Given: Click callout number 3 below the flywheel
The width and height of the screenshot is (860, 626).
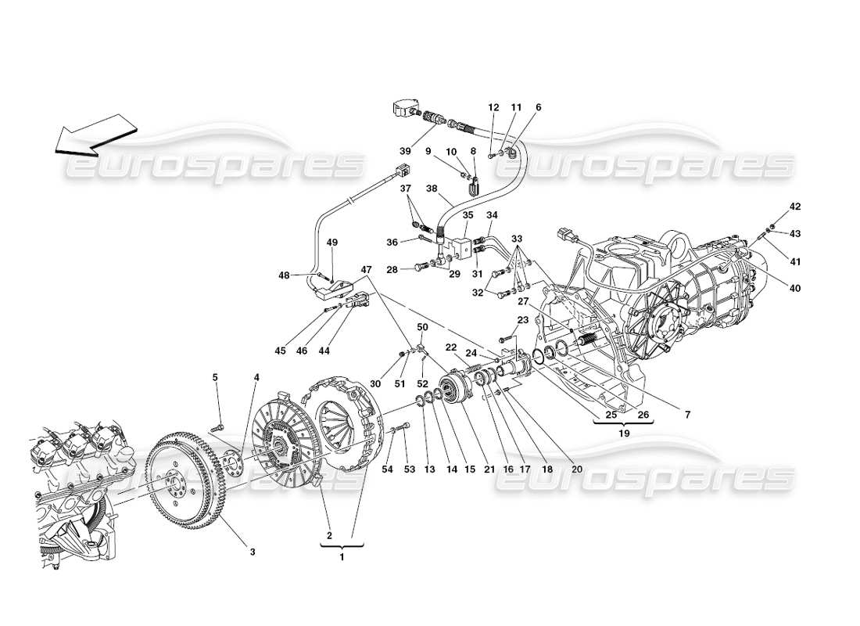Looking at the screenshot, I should pos(253,552).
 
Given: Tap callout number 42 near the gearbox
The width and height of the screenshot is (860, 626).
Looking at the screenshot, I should pos(795,207).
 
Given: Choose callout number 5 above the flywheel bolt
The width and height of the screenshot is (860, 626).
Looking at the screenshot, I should pos(215,377).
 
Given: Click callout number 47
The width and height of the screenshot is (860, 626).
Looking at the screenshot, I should pos(365,269).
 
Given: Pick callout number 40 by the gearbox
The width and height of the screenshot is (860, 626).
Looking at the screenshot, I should pos(795,289).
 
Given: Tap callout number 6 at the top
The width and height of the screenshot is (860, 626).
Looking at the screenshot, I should pos(538,107).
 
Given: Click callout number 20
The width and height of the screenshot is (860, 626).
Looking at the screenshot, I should pos(577,469).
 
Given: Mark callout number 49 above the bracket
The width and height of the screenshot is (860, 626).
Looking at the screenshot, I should pos(332,243).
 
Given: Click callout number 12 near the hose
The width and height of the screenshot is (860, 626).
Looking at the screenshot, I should pos(493,107).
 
